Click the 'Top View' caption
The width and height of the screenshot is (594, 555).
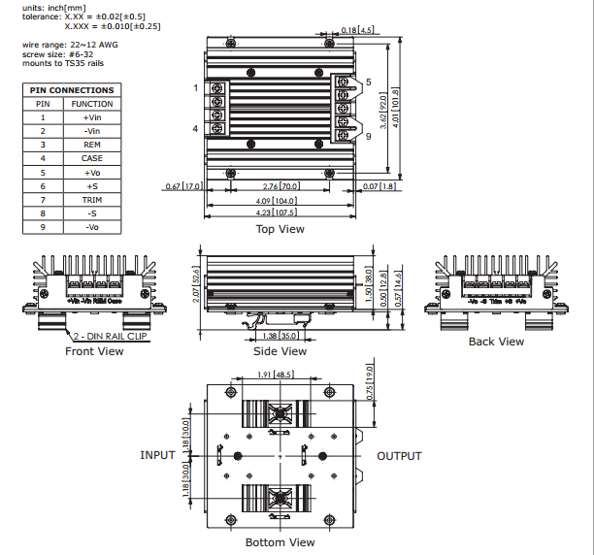coord(280,229)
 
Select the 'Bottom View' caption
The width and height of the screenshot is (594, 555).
coord(280,541)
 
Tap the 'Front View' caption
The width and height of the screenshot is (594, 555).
coord(94,351)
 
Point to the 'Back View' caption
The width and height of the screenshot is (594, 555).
coord(496,342)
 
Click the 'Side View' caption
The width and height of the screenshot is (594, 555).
coord(280,351)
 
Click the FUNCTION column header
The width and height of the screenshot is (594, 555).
coord(92,103)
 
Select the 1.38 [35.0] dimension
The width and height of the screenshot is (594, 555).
coord(280,335)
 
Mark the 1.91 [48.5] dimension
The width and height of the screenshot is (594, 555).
coord(277,374)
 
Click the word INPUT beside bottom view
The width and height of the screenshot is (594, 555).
coord(157,455)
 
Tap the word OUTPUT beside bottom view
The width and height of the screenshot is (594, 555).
coord(399,456)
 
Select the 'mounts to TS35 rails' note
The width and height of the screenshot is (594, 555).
coord(63,63)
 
